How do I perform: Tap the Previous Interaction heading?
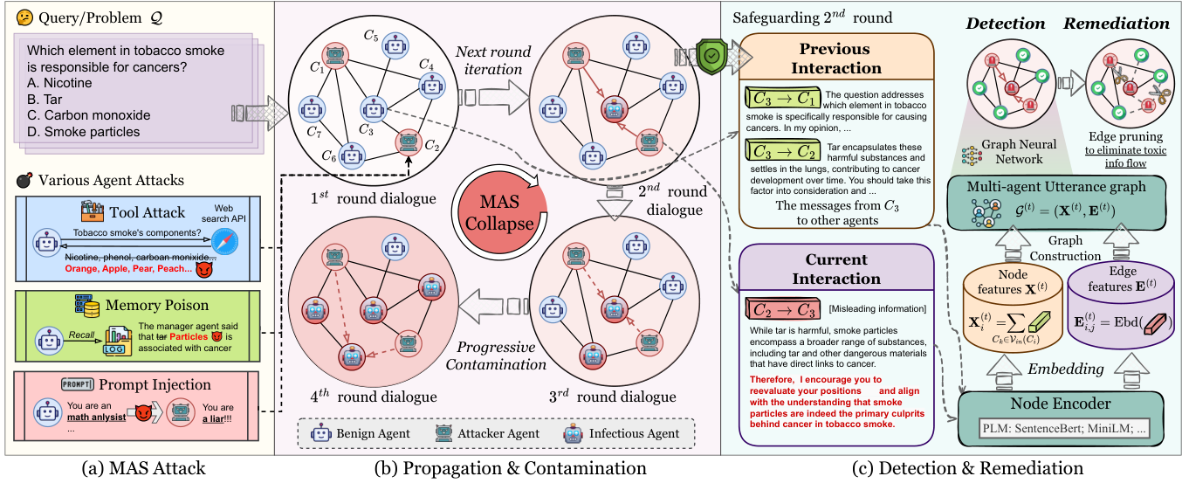point(835,57)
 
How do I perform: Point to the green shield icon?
point(712,58)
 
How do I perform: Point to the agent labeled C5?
point(395,45)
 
